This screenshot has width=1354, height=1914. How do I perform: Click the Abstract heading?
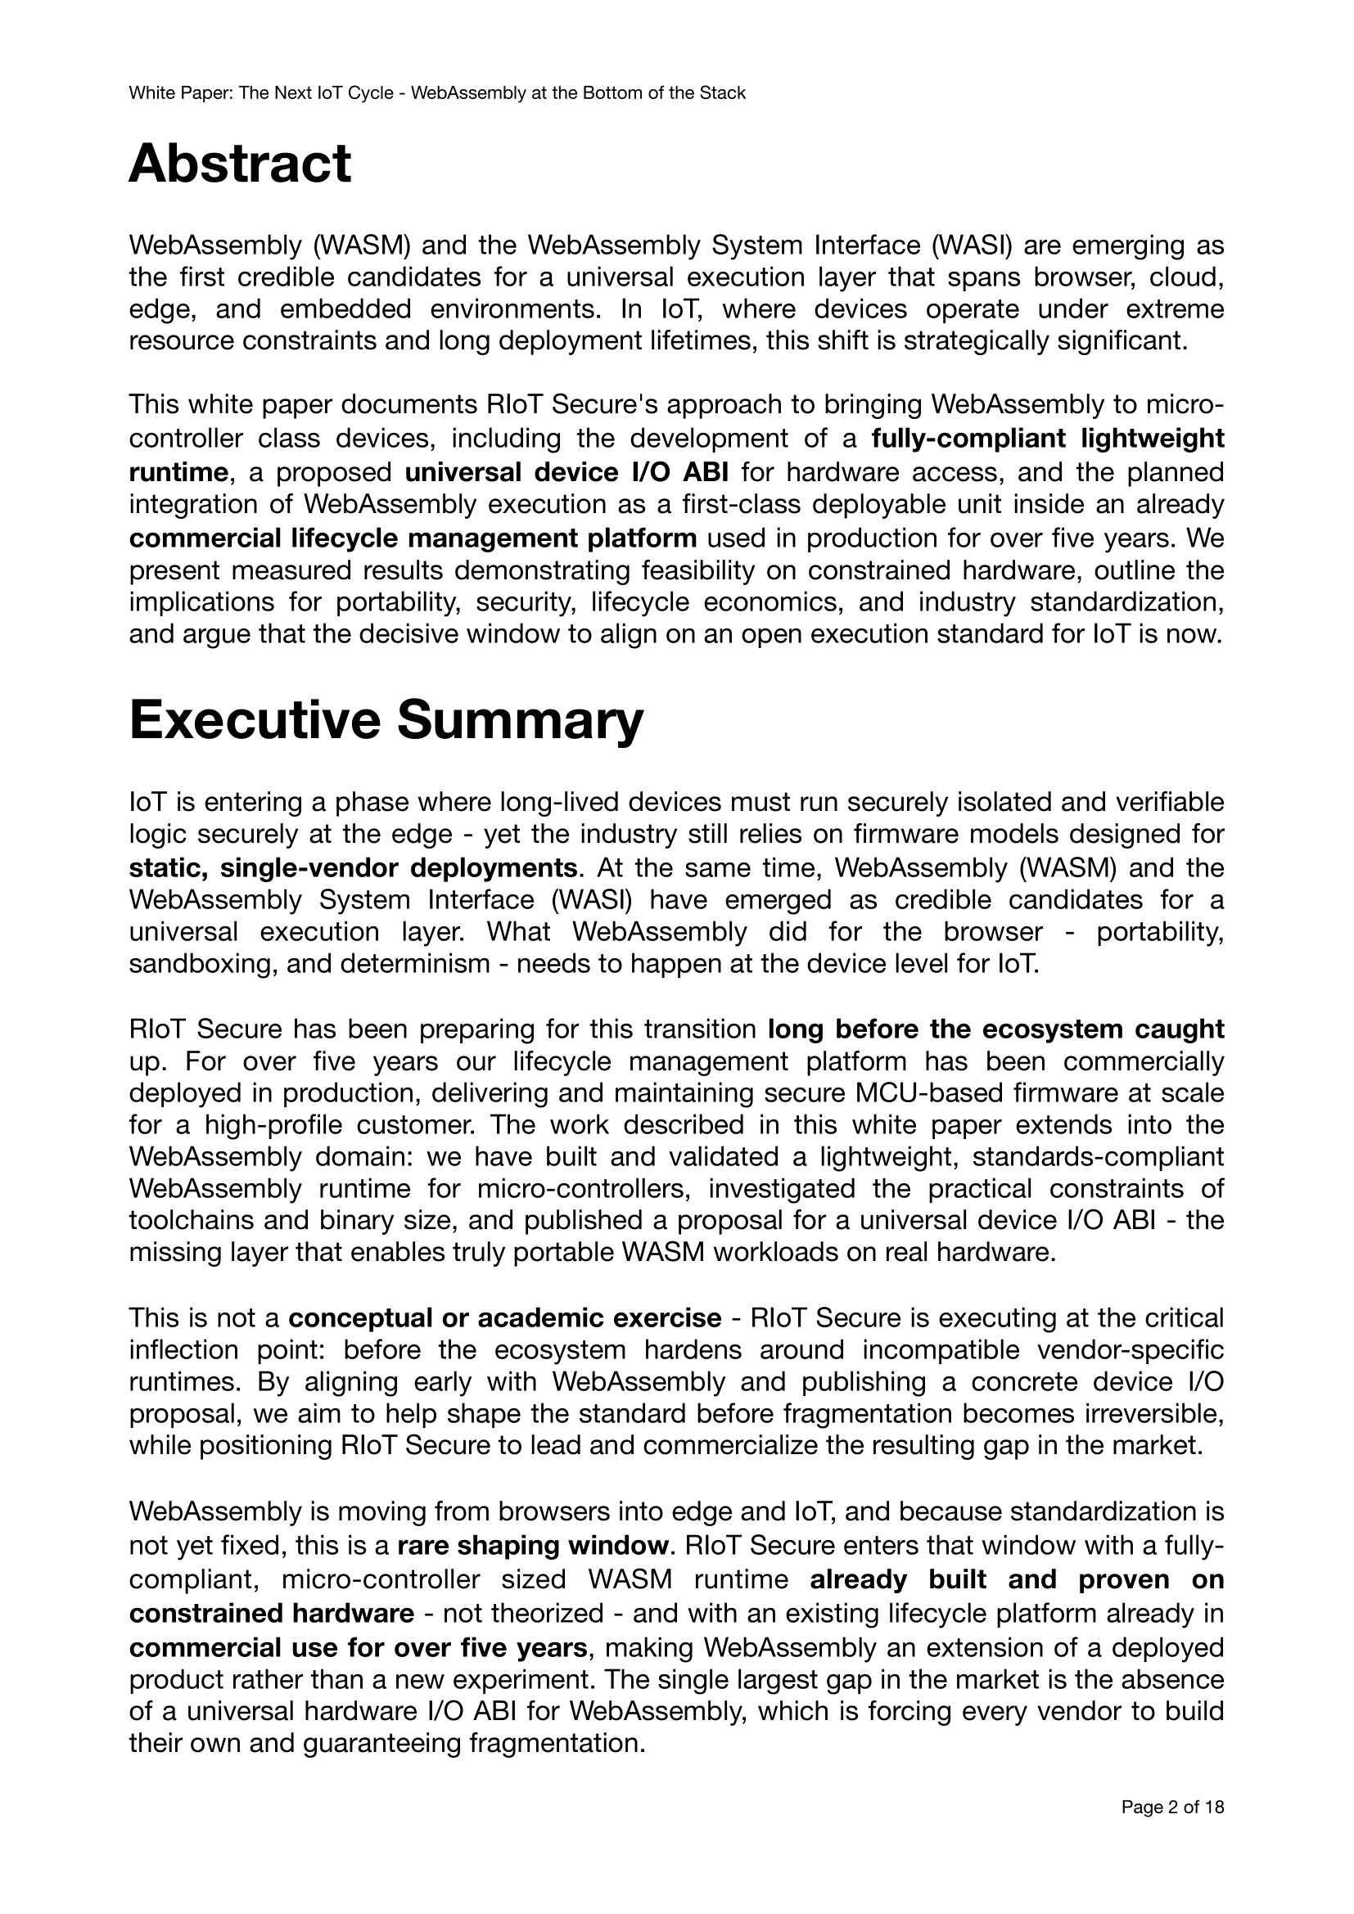[239, 164]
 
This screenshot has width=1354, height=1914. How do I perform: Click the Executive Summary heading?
[386, 719]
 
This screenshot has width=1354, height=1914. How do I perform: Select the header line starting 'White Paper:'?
[437, 93]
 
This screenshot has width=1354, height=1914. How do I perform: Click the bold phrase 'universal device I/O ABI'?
[567, 473]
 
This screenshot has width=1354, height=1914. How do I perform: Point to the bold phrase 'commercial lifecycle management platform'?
[413, 538]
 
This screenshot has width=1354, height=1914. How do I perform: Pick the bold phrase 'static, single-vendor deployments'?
[353, 867]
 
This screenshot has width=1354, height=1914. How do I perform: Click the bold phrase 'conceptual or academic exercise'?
[504, 1318]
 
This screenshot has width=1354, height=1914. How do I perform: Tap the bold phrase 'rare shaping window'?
[533, 1546]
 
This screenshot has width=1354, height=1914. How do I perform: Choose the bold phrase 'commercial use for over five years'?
[359, 1648]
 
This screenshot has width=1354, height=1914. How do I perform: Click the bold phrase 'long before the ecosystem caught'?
[995, 1029]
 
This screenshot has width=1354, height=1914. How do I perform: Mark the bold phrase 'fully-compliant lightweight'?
[1048, 439]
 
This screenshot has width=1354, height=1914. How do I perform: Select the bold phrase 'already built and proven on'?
[1017, 1579]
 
